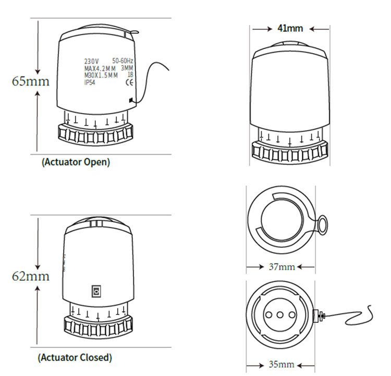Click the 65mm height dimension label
tap(31, 81)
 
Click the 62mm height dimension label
tap(31, 277)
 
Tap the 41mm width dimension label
tap(290, 28)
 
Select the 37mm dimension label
tap(282, 267)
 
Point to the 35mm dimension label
tap(282, 365)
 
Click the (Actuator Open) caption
tap(76, 162)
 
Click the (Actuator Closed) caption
tap(75, 358)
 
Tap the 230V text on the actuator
tap(92, 61)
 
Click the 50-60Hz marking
tap(123, 60)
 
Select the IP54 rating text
tap(90, 82)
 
